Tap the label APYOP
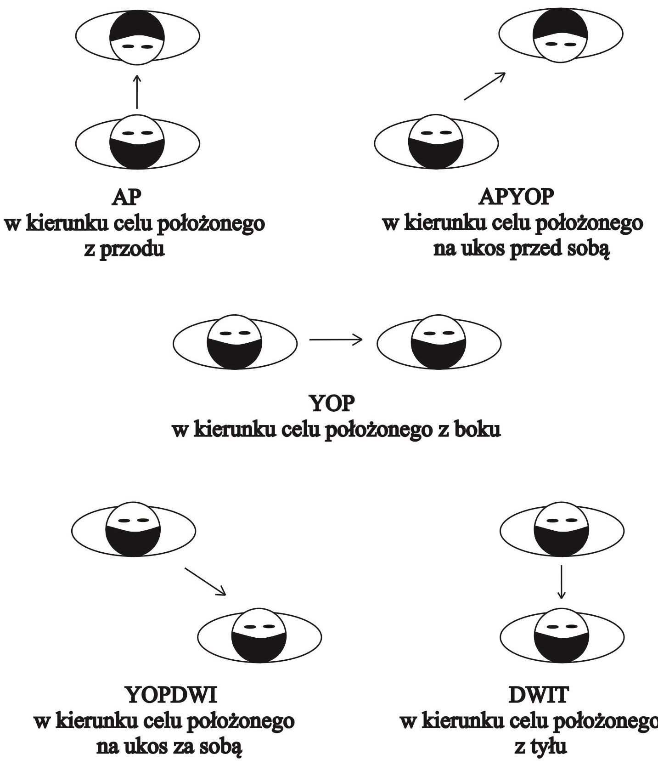516,198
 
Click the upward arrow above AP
137,92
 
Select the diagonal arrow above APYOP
485,86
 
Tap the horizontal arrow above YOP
336,340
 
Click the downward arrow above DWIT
561,582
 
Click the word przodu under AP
124,250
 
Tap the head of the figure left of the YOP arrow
234,342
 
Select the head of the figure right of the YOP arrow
438,342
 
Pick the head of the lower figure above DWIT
562,635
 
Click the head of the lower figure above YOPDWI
259,635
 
